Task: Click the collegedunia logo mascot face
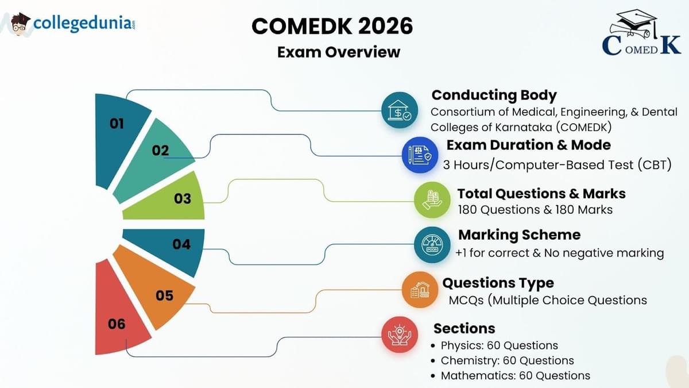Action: pos(20,24)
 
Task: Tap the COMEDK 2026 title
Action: pos(332,26)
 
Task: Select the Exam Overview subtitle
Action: pos(338,52)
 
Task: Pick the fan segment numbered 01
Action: pos(119,132)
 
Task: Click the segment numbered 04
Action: pos(175,246)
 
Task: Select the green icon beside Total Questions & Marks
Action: pos(432,199)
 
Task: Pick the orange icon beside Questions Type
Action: pos(420,290)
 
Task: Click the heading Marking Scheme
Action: pos(519,235)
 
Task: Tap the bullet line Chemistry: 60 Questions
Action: pos(507,361)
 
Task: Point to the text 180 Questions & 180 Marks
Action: pos(535,210)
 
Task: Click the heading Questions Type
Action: pos(498,283)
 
